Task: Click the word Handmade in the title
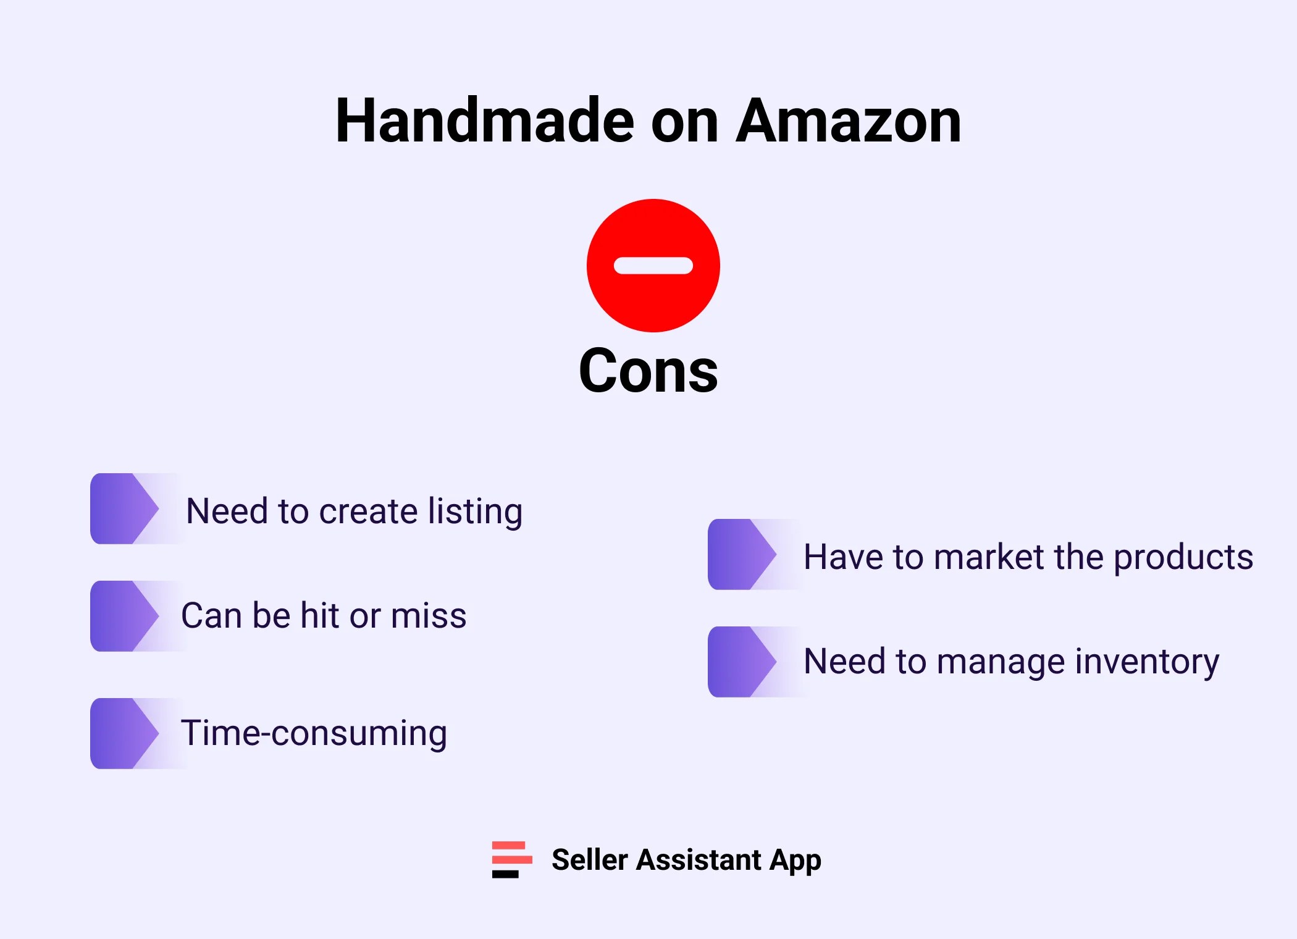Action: point(485,121)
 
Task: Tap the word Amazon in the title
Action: point(849,121)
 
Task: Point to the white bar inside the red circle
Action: point(653,265)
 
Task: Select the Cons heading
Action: point(648,371)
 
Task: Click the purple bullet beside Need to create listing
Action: point(125,508)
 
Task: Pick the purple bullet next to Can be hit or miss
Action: point(125,616)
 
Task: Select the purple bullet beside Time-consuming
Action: point(125,733)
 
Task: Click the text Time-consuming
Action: point(314,733)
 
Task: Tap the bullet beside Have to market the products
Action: point(742,554)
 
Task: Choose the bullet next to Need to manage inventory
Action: point(742,662)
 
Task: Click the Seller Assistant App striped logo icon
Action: point(511,859)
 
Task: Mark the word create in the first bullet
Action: point(368,512)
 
